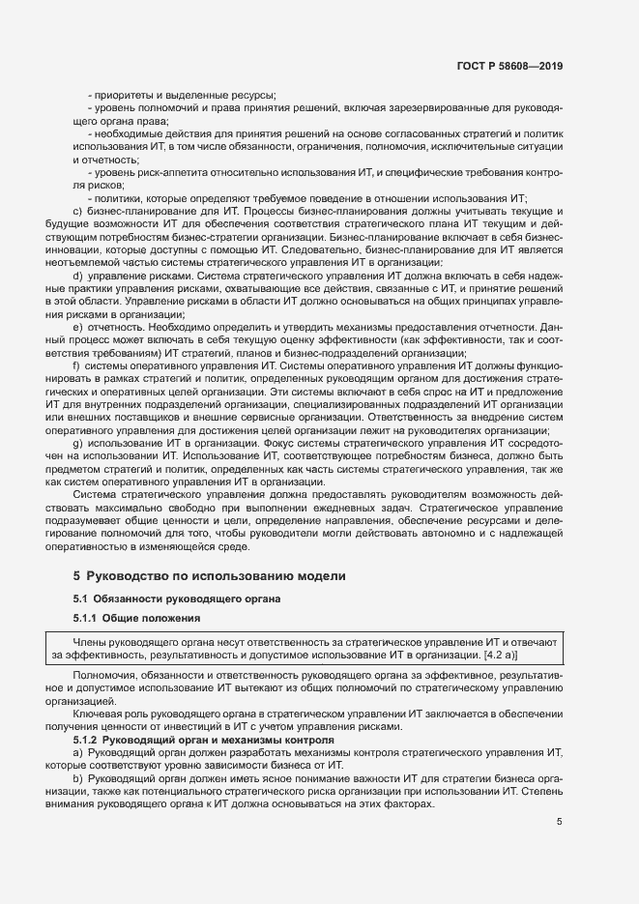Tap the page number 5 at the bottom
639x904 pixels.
pyautogui.click(x=560, y=823)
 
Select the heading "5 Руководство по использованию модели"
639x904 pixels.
pyautogui.click(x=209, y=576)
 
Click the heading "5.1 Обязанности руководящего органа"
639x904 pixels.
pyautogui.click(x=177, y=599)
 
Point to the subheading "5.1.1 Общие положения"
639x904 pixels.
pyautogui.click(x=136, y=618)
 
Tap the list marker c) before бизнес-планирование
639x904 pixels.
pyautogui.click(x=77, y=211)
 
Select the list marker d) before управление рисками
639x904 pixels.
pyautogui.click(x=77, y=277)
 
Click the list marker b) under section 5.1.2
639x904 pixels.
pyautogui.click(x=77, y=779)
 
